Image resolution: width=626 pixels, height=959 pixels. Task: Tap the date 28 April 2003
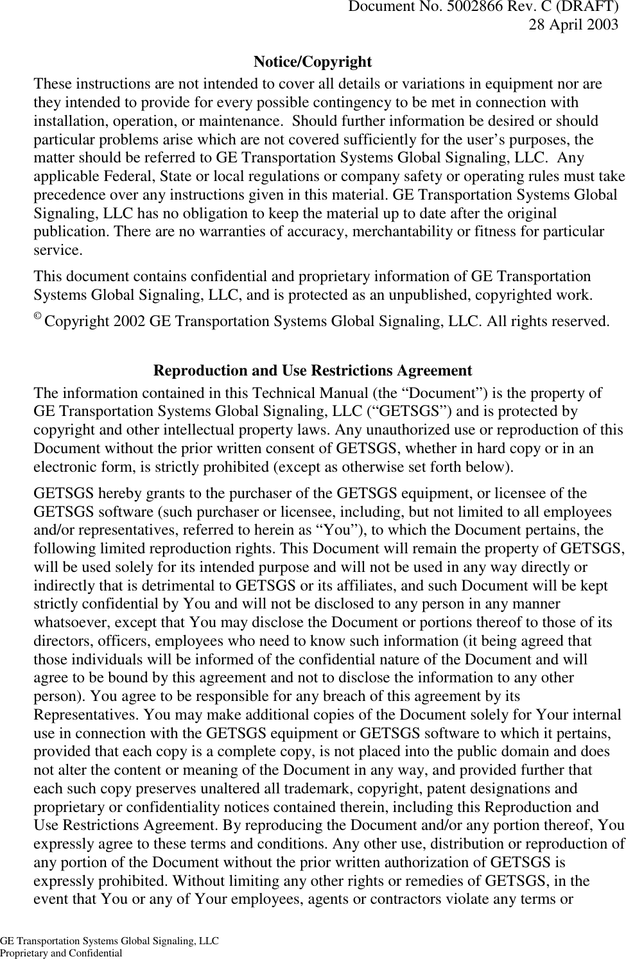click(573, 25)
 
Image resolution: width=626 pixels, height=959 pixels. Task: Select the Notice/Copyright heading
click(312, 62)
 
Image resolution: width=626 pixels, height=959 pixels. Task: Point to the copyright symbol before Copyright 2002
click(37, 319)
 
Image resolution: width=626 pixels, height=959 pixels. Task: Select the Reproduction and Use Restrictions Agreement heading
click(313, 371)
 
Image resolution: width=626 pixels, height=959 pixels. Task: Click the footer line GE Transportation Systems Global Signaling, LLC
click(109, 942)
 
